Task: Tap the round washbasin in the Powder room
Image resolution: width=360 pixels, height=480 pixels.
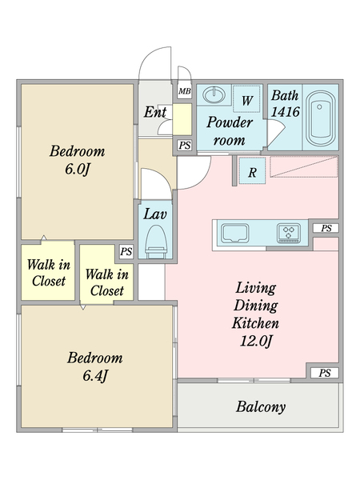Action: coord(214,94)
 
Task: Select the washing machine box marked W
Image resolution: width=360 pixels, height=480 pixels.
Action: coord(246,99)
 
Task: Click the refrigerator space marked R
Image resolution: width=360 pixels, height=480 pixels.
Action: coord(252,171)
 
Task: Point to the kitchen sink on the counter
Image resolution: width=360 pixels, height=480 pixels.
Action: coord(235,233)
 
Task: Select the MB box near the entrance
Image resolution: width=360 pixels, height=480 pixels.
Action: coord(185,91)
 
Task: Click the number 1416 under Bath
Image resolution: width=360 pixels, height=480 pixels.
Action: coord(285,111)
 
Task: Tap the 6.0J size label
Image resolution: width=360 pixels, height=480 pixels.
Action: coord(77,169)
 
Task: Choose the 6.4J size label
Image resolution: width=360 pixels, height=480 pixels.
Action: coord(95,375)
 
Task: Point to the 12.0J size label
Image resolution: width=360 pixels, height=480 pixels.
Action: coord(256,341)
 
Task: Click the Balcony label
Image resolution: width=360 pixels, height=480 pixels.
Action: coord(261,407)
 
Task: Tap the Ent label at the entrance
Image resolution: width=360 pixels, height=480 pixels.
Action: coord(155,112)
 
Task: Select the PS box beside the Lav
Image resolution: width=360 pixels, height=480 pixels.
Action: coord(126,252)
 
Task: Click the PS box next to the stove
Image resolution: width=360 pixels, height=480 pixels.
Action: coord(326,228)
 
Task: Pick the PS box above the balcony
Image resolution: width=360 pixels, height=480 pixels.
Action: coord(325,373)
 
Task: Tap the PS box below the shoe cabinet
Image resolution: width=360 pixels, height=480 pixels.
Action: coord(185,145)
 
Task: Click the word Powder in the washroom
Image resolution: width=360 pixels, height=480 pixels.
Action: coord(230,122)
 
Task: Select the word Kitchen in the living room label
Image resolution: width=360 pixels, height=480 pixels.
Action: coord(256,323)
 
